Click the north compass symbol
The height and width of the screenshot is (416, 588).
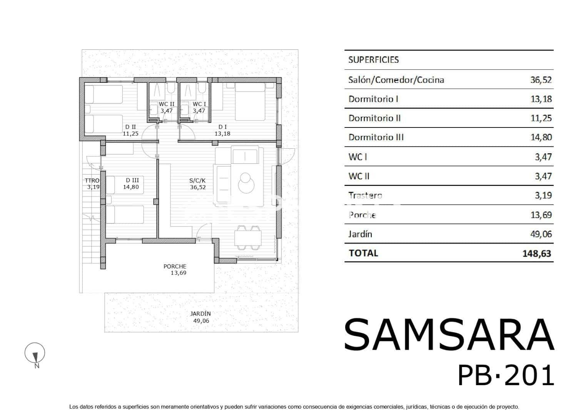[x=35, y=354]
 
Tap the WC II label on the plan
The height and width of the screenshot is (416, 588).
[x=167, y=104]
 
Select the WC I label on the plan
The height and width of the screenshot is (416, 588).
[x=199, y=104]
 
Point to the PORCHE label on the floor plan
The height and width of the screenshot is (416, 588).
[x=175, y=266]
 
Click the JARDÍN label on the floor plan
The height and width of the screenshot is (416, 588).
[x=201, y=314]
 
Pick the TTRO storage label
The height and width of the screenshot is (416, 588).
[x=92, y=180]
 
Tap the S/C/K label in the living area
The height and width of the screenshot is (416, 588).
[x=198, y=180]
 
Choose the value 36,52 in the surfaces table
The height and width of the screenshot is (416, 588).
[x=541, y=80]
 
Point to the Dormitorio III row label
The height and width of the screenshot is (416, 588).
[x=376, y=138]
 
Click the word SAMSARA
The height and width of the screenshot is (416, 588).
[x=449, y=334]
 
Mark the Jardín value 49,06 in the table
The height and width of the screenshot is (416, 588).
[x=541, y=234]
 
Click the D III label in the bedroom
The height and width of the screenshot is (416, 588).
[x=132, y=180]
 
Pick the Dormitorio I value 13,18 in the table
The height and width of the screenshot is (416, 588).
[x=541, y=99]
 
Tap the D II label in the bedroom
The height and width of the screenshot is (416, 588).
[x=131, y=127]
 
